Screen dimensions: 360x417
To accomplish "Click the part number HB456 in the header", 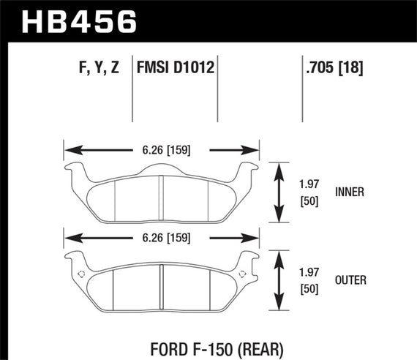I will click(80, 21).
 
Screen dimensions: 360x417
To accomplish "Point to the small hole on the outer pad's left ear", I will click(80, 274).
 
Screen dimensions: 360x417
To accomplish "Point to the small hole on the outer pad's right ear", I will click(242, 274).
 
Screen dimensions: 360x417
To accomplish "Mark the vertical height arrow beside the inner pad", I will click(279, 194).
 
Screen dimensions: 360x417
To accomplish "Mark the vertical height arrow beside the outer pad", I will click(279, 281).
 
